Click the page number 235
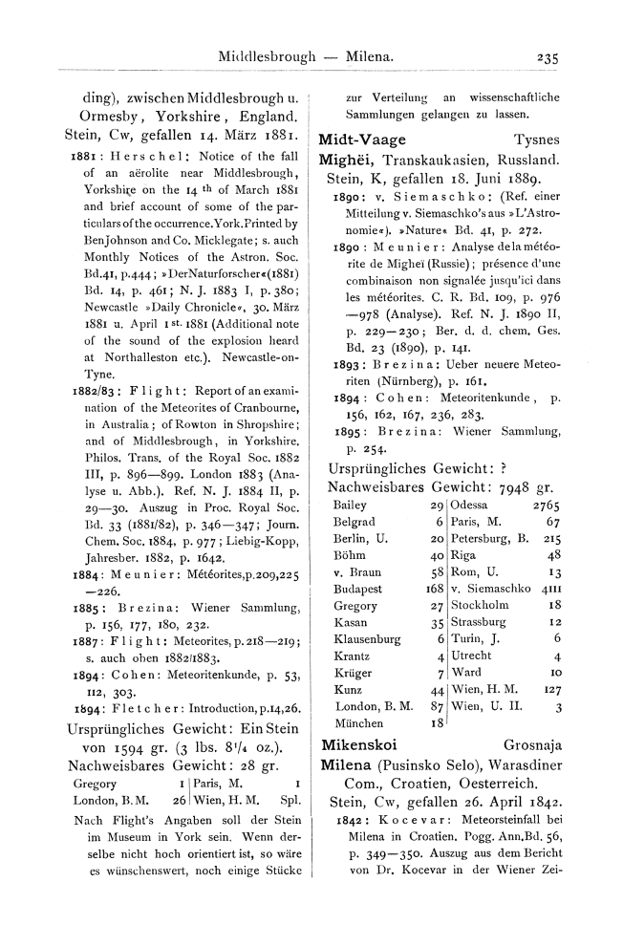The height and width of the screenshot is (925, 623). tap(548, 57)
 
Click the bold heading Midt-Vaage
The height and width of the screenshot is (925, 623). tap(361, 139)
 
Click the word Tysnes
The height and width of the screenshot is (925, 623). tap(536, 139)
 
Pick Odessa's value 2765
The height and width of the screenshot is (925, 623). tap(546, 504)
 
